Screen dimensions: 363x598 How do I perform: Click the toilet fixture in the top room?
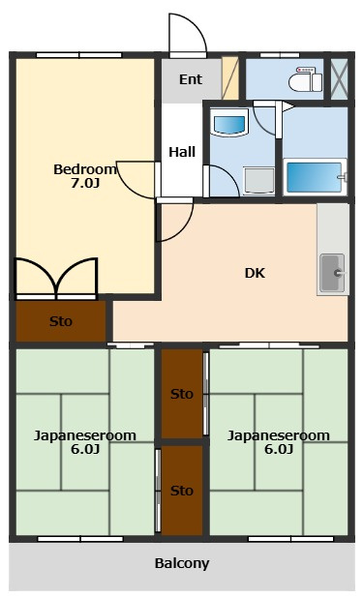(305, 79)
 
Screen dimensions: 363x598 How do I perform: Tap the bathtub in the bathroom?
(315, 177)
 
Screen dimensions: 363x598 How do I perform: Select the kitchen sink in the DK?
(332, 273)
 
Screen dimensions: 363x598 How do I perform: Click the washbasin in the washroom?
(229, 123)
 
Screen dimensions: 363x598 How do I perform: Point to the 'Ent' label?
(191, 79)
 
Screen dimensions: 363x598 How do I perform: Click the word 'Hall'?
(182, 152)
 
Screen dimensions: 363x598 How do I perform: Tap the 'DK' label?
(255, 273)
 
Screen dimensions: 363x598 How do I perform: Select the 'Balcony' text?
(182, 563)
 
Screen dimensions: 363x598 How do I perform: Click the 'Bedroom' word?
(84, 169)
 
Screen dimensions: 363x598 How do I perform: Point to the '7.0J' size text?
(85, 183)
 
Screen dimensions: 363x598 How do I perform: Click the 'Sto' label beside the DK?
(61, 321)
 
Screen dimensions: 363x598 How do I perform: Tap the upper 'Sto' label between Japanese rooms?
(182, 394)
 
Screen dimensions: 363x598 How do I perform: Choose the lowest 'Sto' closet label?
(182, 491)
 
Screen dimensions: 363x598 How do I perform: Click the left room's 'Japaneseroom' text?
(85, 435)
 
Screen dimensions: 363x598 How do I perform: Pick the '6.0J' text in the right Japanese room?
(279, 449)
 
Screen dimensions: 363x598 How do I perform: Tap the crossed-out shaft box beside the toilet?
(339, 79)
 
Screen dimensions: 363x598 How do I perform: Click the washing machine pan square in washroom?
(258, 181)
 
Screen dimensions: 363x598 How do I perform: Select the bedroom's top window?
(79, 55)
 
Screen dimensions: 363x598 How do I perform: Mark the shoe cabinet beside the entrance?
(230, 78)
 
